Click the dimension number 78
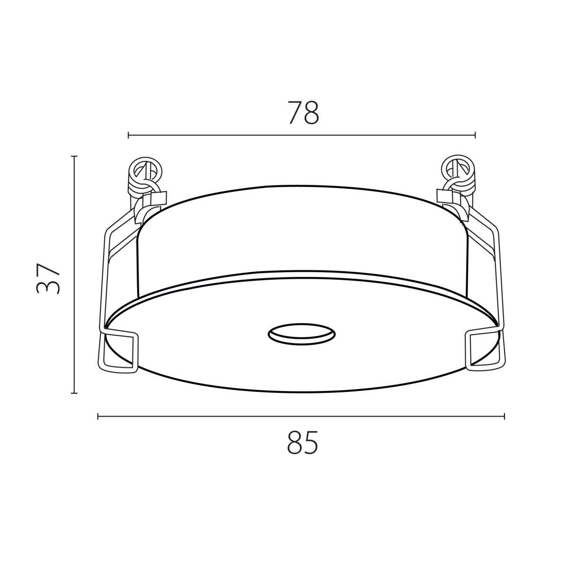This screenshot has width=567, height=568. pos(303,113)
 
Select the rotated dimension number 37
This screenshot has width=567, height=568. pos(48,278)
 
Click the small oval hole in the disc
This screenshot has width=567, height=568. pos(301,334)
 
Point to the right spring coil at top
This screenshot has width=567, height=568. pos(458,173)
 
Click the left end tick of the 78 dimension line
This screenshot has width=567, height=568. pos(129,135)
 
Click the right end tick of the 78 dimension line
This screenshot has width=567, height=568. pos(475,135)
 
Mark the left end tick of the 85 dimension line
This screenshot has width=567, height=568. pos(98,416)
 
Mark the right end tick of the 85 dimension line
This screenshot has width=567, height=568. pos(505,416)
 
